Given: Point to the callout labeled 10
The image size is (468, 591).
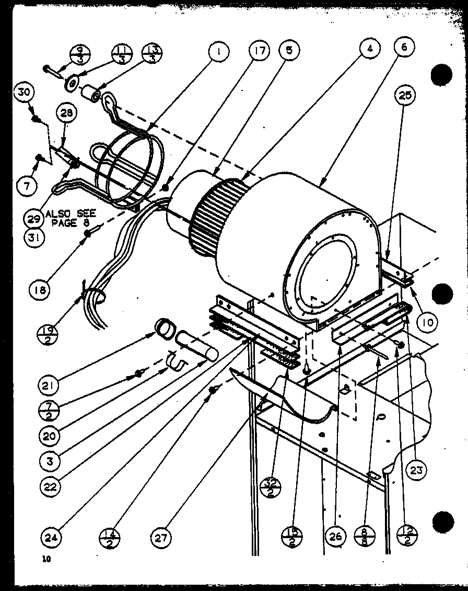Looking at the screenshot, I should pos(427,323).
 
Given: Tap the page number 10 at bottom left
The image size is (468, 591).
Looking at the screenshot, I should pos(46,559).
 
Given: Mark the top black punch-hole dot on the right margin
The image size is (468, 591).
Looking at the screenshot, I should pos(441,75).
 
